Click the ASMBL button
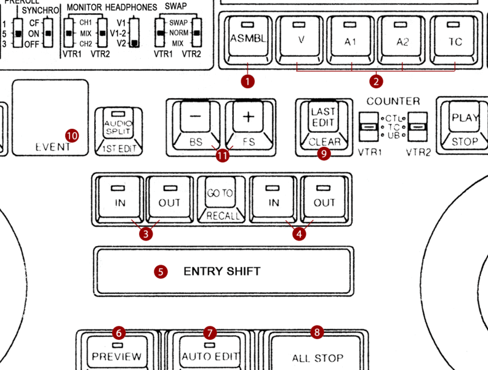(248, 38)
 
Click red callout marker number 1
(248, 80)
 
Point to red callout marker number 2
(377, 80)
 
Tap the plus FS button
(247, 118)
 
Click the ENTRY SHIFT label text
(222, 271)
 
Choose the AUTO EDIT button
(210, 356)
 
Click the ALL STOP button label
(317, 358)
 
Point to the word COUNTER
(393, 101)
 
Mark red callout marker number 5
(160, 271)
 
